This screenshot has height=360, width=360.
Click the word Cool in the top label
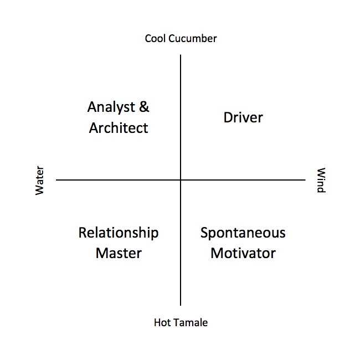(x=155, y=39)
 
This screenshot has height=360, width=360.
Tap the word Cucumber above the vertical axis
(x=193, y=39)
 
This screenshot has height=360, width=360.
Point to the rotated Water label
(x=39, y=181)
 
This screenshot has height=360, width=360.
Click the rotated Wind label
(x=321, y=180)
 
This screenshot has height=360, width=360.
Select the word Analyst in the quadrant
(x=111, y=107)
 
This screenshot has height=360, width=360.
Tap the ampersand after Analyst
(x=144, y=107)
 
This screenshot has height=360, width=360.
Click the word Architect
(x=119, y=128)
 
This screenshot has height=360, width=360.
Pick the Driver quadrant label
(x=243, y=117)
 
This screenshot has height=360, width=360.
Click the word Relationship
(x=119, y=233)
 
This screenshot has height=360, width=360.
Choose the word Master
(x=119, y=253)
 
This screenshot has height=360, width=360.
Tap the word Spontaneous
(x=243, y=233)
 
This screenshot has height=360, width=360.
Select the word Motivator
(x=243, y=253)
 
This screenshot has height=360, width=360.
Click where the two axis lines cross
(x=181, y=180)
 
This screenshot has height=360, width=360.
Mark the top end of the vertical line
(x=181, y=55)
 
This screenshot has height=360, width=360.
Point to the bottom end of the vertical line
(x=181, y=305)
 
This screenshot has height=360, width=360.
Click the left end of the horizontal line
(x=56, y=180)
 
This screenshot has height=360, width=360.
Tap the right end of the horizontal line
(x=305, y=180)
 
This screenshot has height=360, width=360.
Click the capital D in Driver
(x=228, y=117)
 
